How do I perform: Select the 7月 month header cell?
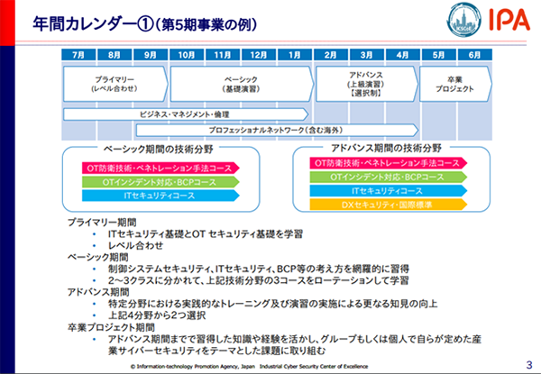(78, 54)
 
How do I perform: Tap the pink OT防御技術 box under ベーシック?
(159, 168)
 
